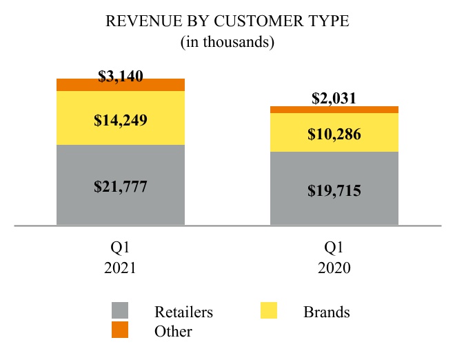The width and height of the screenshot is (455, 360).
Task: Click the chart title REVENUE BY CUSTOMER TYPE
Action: click(x=228, y=21)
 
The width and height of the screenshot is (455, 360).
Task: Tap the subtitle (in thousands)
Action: click(x=228, y=42)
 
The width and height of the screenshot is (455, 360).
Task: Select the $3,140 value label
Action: click(x=121, y=76)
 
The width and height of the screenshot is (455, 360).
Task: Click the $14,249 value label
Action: click(x=121, y=120)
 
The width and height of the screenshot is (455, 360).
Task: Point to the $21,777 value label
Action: click(x=121, y=186)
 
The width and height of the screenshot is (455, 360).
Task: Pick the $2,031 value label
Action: click(x=334, y=98)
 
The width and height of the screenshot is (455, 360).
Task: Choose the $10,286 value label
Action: click(x=334, y=134)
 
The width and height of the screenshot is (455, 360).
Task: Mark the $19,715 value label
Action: click(x=334, y=190)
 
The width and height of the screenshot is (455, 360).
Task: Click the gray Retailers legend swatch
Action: click(x=120, y=311)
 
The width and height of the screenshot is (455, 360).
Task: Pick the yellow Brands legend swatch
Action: click(x=269, y=311)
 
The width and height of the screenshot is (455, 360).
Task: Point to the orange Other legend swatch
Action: click(x=120, y=331)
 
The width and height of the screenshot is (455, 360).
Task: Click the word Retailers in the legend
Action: click(x=184, y=312)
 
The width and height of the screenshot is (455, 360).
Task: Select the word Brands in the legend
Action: click(x=327, y=312)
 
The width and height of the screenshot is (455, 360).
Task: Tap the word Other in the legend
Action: click(x=174, y=332)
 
